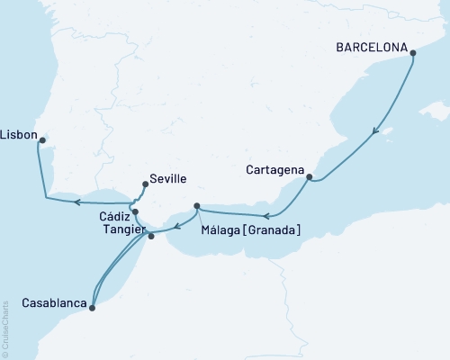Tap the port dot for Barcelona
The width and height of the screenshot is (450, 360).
click(x=413, y=53)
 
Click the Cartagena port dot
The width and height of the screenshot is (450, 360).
click(x=309, y=177)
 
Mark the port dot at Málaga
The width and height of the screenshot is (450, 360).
click(x=196, y=206)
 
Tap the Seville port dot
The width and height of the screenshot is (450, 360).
click(x=145, y=184)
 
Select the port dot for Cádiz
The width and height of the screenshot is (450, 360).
click(x=135, y=212)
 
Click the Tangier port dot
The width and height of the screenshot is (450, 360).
click(x=151, y=236)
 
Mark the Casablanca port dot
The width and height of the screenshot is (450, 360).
click(x=93, y=307)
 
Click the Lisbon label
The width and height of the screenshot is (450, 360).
click(x=19, y=135)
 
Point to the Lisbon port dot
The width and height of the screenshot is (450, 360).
click(x=42, y=139)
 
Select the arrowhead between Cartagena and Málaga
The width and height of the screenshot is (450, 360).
click(x=266, y=216)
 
